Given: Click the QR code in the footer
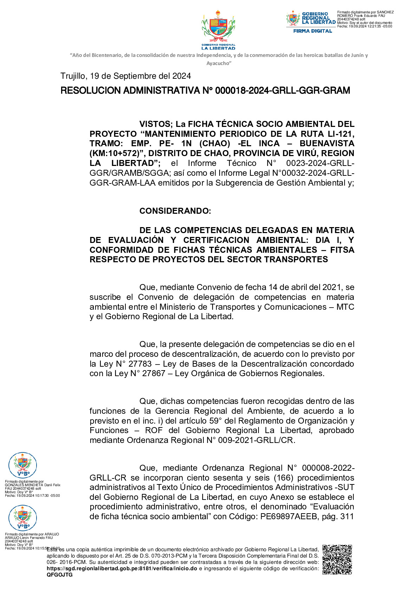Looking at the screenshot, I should (337, 559).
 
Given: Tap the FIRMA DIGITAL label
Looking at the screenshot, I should (312, 31).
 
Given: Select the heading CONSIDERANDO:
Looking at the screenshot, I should (175, 211).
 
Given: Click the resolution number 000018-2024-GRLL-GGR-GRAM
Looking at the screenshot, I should (282, 91).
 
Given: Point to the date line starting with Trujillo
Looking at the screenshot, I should (125, 76).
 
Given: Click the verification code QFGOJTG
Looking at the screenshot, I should (59, 575).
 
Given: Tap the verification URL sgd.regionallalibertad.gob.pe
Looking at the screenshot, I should (122, 568).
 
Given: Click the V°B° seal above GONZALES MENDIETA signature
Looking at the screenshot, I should (22, 465).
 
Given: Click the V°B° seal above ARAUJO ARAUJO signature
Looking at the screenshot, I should (22, 518).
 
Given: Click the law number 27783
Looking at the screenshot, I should (140, 364).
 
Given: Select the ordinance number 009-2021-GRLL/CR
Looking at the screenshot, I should (255, 440).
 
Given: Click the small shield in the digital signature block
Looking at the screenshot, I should (293, 18).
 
